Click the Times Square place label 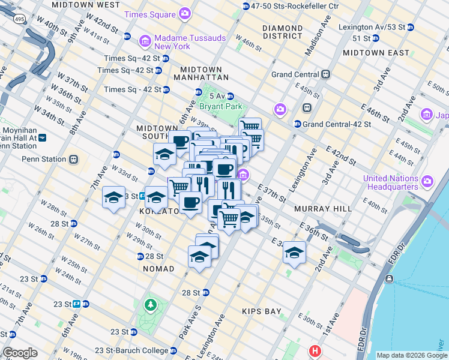click(151, 13)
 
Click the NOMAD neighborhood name click(158, 269)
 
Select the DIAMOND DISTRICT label click(282, 32)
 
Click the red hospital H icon click(314, 350)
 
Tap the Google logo click(20, 353)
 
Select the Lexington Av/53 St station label click(372, 27)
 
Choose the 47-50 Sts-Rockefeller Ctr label click(295, 6)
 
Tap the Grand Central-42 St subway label click(337, 124)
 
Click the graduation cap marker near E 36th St click(294, 253)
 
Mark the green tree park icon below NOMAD click(149, 306)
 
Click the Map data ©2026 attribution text click(411, 355)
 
